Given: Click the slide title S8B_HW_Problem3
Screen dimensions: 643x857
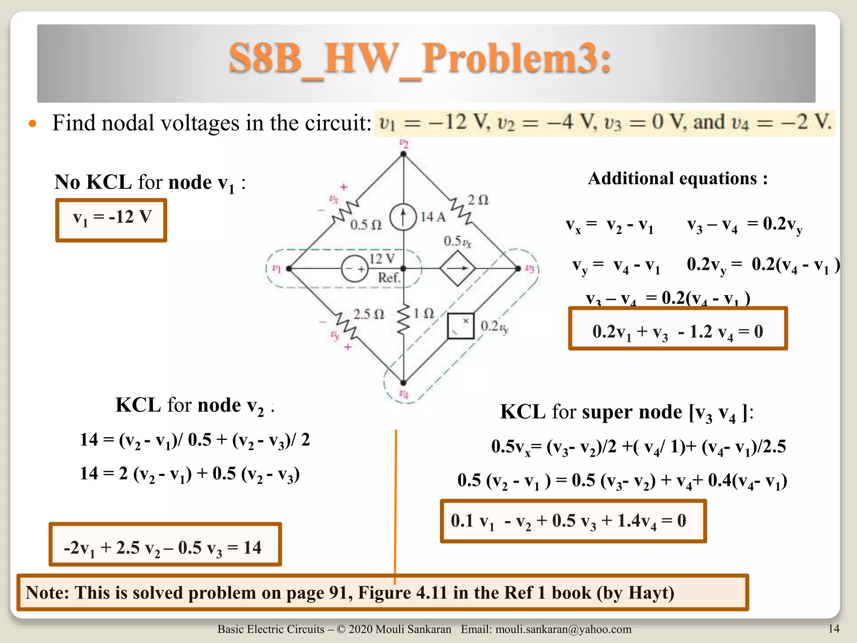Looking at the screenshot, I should click(x=420, y=59).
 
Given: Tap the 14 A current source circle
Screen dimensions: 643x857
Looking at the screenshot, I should click(x=403, y=217).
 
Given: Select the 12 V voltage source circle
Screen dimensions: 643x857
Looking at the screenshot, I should click(x=354, y=268).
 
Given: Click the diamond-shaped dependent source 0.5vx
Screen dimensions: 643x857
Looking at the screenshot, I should click(x=457, y=268).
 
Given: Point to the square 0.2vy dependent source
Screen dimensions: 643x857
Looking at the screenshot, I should click(x=461, y=326).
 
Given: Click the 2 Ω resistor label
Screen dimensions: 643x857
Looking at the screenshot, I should click(x=478, y=200).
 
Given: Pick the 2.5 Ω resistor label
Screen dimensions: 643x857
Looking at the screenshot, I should click(x=368, y=314).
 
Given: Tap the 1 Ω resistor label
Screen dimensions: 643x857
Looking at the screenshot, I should click(x=424, y=313).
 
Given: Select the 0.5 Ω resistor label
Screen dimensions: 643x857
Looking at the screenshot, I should click(x=366, y=225).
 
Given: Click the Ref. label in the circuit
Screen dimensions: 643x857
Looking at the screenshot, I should click(x=389, y=277).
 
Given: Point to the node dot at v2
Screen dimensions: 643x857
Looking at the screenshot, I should click(x=403, y=154).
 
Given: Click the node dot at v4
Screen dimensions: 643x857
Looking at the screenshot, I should click(x=403, y=383).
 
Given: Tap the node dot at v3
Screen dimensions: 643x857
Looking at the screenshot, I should click(x=518, y=268).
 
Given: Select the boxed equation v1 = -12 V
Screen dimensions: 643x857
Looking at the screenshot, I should click(x=111, y=220).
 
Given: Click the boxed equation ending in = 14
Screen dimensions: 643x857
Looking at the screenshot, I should click(x=165, y=544).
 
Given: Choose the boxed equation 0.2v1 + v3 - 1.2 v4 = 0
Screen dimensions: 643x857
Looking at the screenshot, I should click(x=678, y=329).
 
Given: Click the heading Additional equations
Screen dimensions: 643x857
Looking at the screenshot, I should click(x=677, y=178).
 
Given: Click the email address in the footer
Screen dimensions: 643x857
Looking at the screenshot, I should click(x=563, y=629).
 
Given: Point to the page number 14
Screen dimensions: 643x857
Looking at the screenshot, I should click(x=834, y=628).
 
